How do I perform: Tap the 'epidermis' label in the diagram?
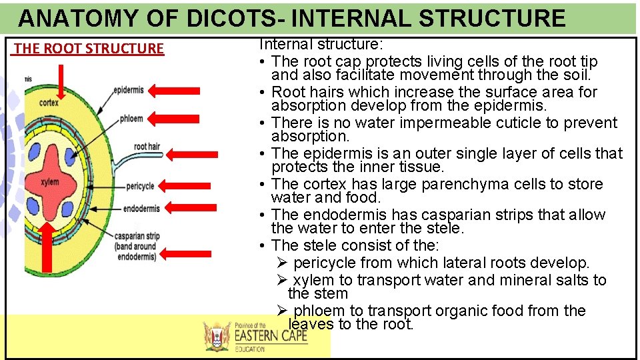[x=129, y=89]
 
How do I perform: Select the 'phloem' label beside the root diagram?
[x=131, y=119]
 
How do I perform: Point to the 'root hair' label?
[x=147, y=146]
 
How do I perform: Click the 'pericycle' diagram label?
[x=139, y=186]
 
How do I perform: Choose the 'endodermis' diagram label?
[x=141, y=209]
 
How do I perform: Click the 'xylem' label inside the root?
[x=49, y=181]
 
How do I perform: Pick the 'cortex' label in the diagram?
[x=49, y=103]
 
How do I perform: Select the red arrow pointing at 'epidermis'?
[x=174, y=91]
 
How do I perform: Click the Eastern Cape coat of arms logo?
[x=217, y=336]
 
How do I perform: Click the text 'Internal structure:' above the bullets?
[x=321, y=45]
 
